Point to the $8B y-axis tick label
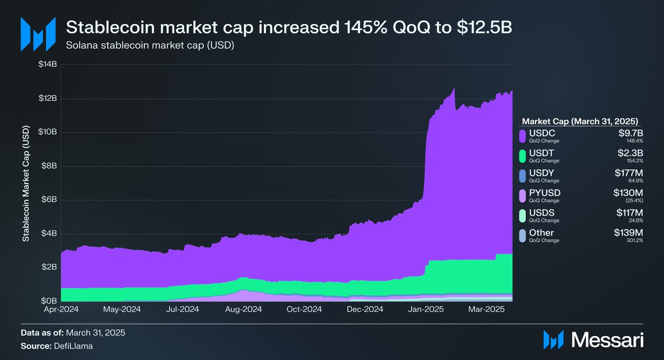(x=48, y=166)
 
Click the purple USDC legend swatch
(x=522, y=136)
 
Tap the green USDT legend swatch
(x=522, y=156)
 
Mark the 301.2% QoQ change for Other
(x=635, y=240)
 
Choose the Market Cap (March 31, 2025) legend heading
(x=580, y=121)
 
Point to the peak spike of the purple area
(x=454, y=88)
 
